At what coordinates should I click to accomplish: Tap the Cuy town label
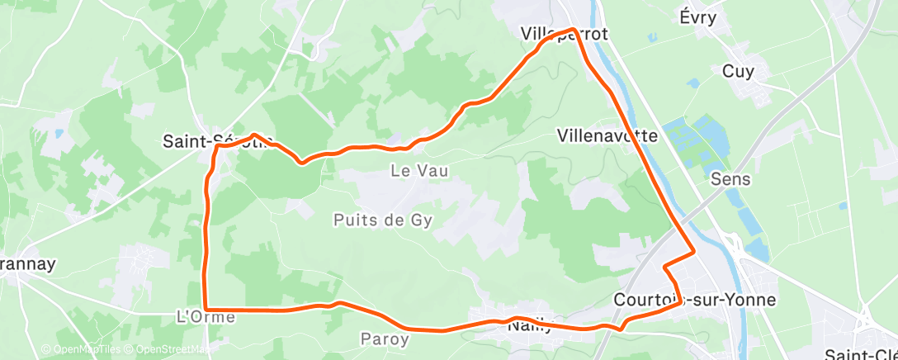(738, 72)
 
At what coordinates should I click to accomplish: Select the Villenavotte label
(607, 135)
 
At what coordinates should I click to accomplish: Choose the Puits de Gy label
(383, 220)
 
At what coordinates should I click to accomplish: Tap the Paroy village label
(385, 339)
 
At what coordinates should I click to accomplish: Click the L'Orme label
(201, 317)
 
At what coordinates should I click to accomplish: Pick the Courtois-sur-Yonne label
(695, 299)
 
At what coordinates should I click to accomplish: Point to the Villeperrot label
(565, 35)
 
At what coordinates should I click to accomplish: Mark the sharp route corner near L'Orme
(206, 310)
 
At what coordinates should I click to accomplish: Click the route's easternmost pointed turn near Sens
(694, 251)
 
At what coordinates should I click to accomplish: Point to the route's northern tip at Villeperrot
(571, 31)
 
